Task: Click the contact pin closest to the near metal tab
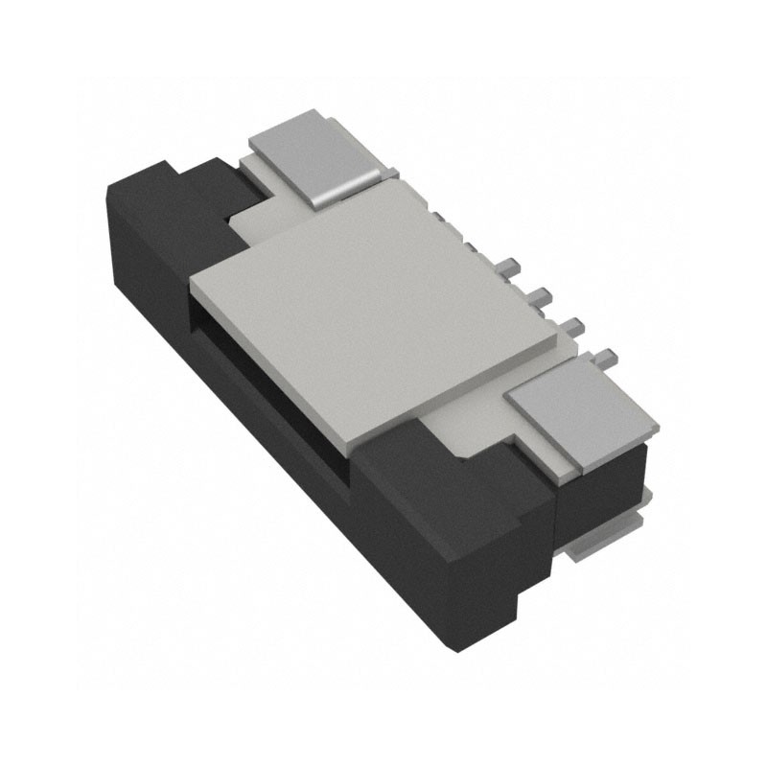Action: tap(606, 359)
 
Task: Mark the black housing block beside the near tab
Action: tap(451, 518)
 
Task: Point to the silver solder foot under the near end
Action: tap(599, 546)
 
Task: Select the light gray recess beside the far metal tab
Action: tap(254, 221)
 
